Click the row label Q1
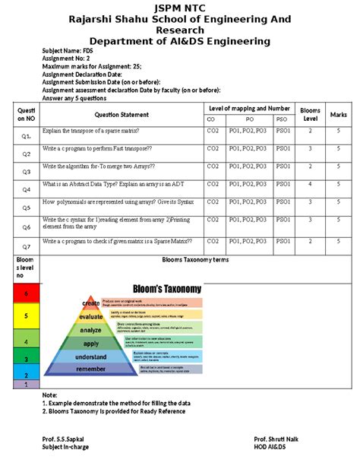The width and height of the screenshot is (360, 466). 26,136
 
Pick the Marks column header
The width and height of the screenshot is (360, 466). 338,115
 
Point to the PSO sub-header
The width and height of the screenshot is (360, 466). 282,120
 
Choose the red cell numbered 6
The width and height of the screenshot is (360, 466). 26,293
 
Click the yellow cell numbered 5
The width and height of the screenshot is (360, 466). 26,315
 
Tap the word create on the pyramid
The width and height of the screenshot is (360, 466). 91,303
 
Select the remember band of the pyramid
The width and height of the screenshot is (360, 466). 91,369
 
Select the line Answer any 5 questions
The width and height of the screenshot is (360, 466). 74,98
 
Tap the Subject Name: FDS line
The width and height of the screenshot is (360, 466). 68,50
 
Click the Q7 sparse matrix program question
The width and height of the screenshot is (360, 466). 118,241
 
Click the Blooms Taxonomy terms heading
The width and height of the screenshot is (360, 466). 195,260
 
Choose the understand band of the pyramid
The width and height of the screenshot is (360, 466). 91,357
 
